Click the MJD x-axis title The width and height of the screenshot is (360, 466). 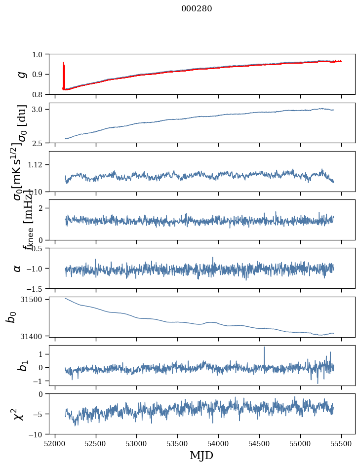coord(201,455)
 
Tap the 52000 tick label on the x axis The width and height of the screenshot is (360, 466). coord(55,442)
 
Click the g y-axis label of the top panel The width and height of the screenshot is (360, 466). coord(21,74)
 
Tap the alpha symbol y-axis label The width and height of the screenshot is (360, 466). coord(17,268)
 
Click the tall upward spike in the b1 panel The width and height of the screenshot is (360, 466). coord(264,349)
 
